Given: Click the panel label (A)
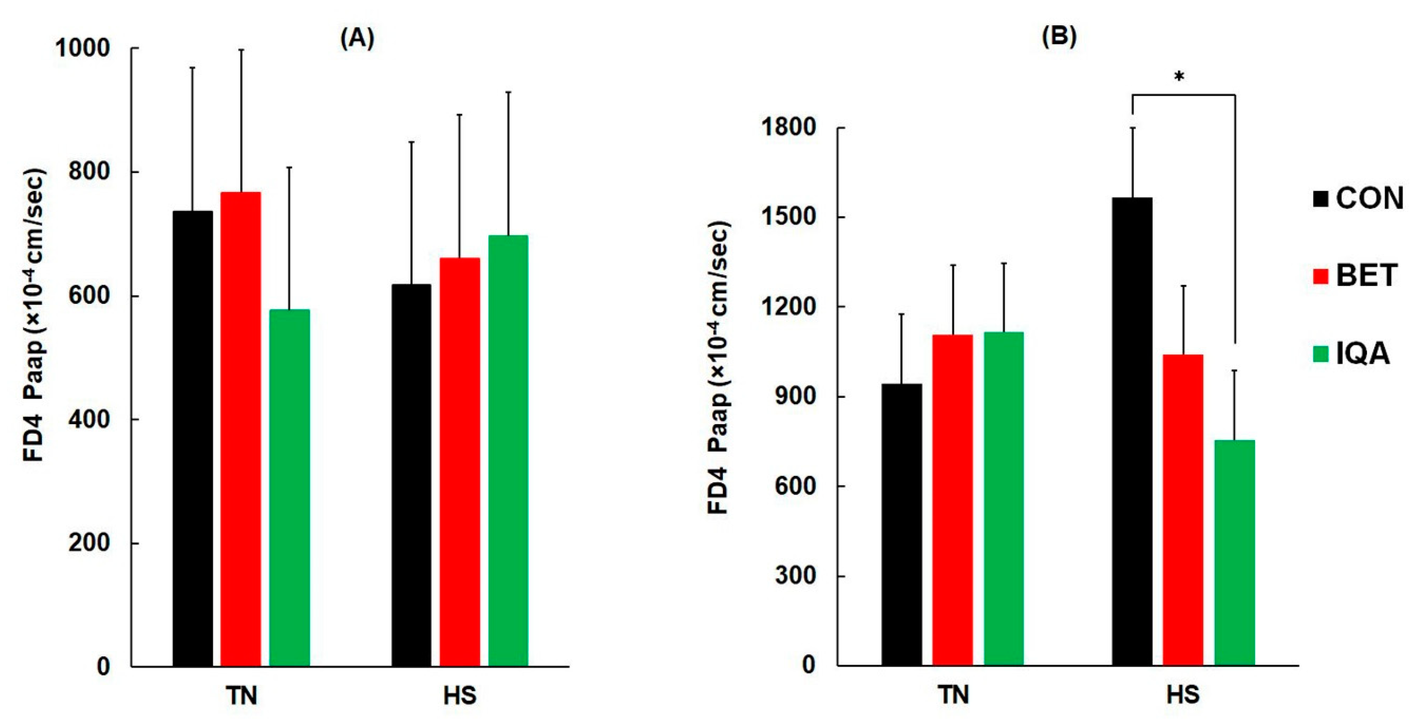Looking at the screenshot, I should tap(357, 39).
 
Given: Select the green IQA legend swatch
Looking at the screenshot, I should tap(1321, 353).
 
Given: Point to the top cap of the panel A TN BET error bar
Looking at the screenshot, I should tap(241, 50).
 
